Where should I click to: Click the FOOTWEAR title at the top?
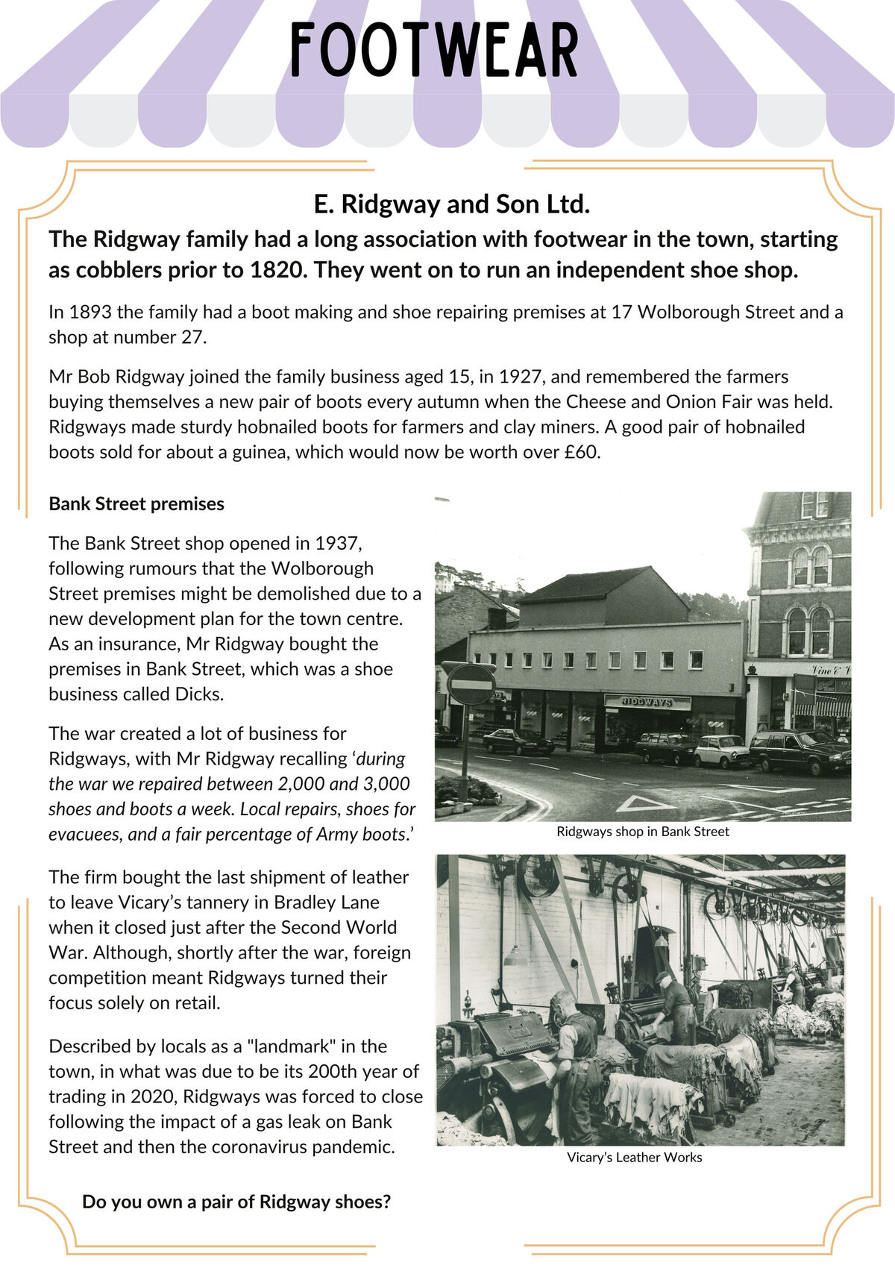pyautogui.click(x=434, y=51)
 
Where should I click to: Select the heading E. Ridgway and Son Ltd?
pyautogui.click(x=452, y=204)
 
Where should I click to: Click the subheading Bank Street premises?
pyautogui.click(x=136, y=504)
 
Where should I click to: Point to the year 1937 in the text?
pyautogui.click(x=338, y=543)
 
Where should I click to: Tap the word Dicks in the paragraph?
pyautogui.click(x=198, y=694)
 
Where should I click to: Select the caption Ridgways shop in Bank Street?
pyautogui.click(x=642, y=832)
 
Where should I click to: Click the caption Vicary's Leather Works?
pyautogui.click(x=634, y=1158)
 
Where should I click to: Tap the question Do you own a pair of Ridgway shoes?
pyautogui.click(x=236, y=1202)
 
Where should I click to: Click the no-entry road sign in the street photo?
pyautogui.click(x=470, y=684)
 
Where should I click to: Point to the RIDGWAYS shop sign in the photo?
pyautogui.click(x=647, y=702)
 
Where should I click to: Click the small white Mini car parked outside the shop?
pyautogui.click(x=720, y=750)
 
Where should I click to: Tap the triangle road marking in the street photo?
pyautogui.click(x=644, y=803)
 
